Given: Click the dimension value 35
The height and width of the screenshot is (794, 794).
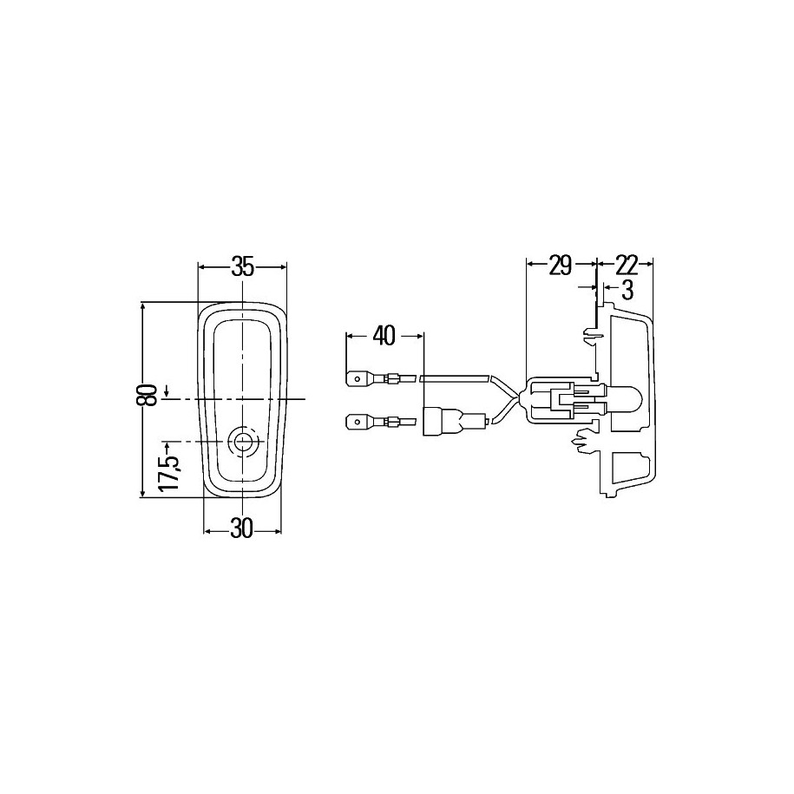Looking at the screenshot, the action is [x=242, y=267].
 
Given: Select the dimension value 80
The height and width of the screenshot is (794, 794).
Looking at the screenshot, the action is [x=147, y=395].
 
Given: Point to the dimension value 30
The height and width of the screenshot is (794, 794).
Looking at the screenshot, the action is [x=241, y=529].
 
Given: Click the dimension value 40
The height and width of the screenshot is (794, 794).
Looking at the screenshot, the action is [x=384, y=336].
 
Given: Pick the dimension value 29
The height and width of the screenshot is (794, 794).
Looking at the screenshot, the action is [x=560, y=266].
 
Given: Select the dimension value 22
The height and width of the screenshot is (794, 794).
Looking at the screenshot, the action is [x=627, y=266].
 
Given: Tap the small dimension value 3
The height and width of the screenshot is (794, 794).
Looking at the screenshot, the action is [x=627, y=292].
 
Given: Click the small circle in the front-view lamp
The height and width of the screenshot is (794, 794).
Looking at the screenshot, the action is [x=244, y=441].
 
